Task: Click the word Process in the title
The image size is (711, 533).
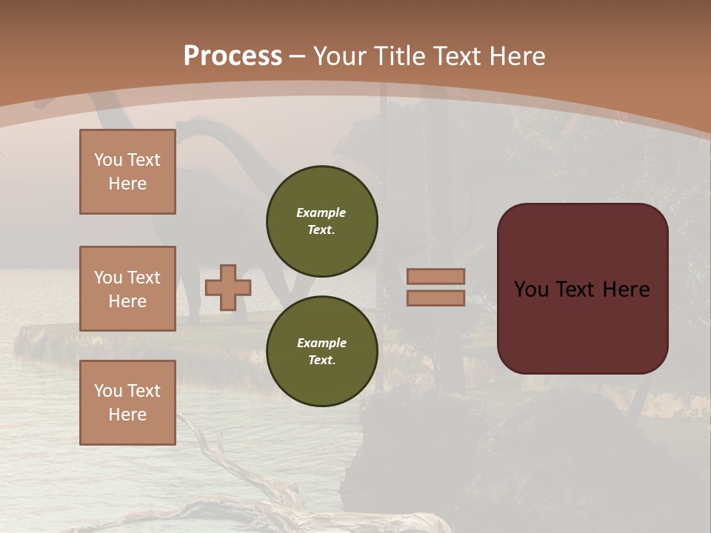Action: (233, 56)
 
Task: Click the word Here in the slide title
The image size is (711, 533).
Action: (515, 56)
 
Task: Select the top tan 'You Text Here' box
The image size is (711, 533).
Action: (127, 172)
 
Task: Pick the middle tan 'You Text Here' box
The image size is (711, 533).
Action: (127, 289)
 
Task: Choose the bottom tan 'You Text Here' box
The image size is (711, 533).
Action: (127, 402)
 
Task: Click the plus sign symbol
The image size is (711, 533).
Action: (228, 287)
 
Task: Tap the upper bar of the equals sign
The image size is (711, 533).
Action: (435, 277)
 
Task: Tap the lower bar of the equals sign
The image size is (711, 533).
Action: (435, 298)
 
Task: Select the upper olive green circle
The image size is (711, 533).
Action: (321, 221)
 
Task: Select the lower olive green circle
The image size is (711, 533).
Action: (321, 351)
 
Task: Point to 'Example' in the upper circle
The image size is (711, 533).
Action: (321, 212)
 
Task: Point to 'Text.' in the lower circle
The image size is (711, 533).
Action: (321, 360)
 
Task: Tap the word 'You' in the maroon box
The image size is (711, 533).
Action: (531, 289)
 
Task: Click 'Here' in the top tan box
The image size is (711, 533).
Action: (127, 184)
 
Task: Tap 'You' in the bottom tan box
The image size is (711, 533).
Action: (108, 390)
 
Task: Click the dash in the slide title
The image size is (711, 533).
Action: (298, 56)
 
